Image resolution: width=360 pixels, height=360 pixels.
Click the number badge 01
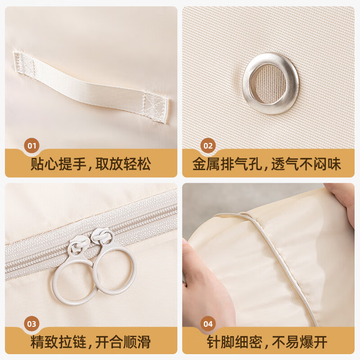(32, 146)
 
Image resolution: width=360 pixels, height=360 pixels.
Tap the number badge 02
(208, 146)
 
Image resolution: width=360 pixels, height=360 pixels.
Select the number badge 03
(32, 324)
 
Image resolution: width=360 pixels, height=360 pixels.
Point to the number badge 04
(208, 324)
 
